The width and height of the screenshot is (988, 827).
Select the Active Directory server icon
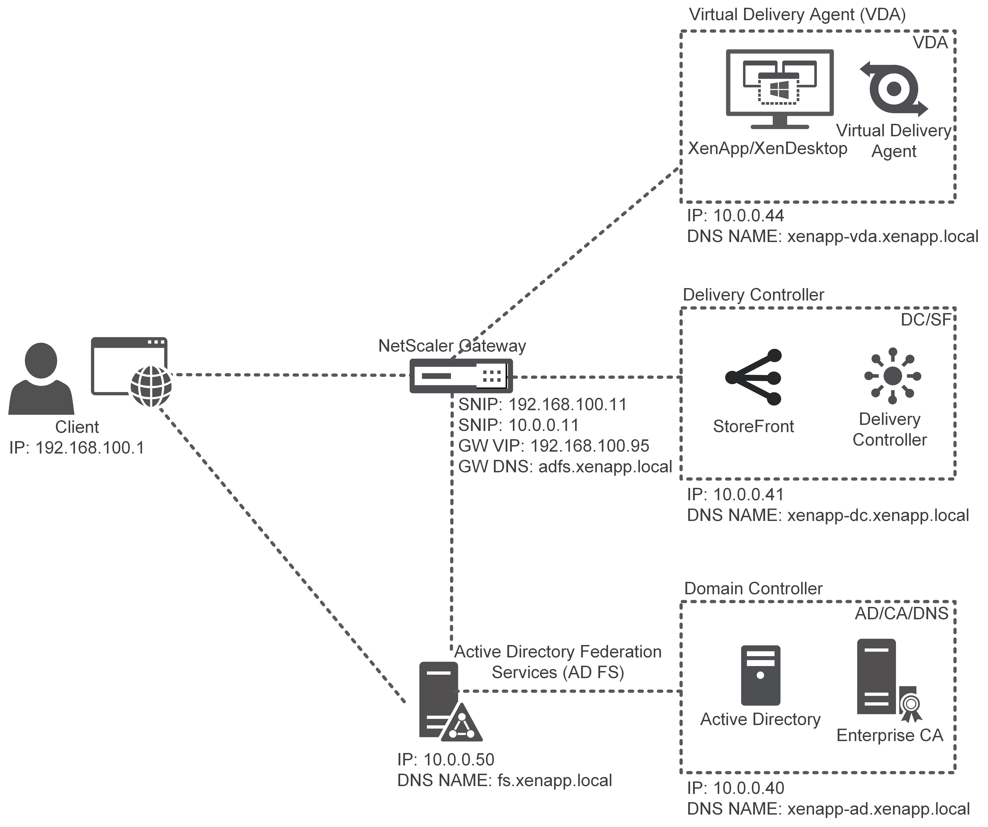(760, 675)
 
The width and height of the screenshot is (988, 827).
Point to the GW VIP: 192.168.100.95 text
(554, 446)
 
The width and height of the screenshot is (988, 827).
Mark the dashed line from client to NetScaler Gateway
(289, 375)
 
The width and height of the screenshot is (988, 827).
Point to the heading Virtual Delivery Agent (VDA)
(797, 15)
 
